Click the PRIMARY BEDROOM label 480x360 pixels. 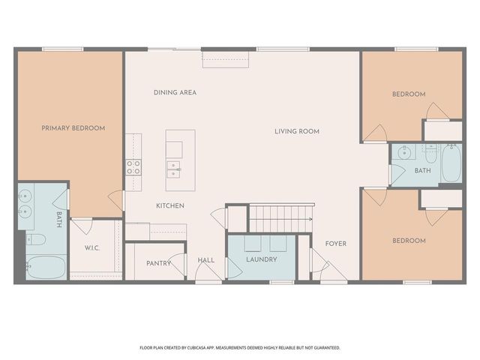point(73,128)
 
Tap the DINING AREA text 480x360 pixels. point(175,93)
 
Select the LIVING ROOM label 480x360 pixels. point(296,131)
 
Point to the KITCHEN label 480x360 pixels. point(170,205)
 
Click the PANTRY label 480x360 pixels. point(157,262)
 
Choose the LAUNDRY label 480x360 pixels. point(261,259)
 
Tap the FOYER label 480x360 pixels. point(335,243)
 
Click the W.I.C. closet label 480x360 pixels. point(93,247)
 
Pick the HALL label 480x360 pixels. point(206,260)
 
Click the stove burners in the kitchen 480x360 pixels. point(133,166)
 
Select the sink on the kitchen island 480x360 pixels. point(174,168)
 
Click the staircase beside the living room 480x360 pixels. point(280,218)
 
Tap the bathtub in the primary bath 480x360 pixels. point(44,266)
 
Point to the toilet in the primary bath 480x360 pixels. point(35,240)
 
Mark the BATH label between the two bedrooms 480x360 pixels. point(422,171)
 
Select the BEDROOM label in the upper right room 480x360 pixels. point(409,94)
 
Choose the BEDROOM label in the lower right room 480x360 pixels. point(409,241)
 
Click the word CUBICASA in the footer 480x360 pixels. point(205,347)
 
